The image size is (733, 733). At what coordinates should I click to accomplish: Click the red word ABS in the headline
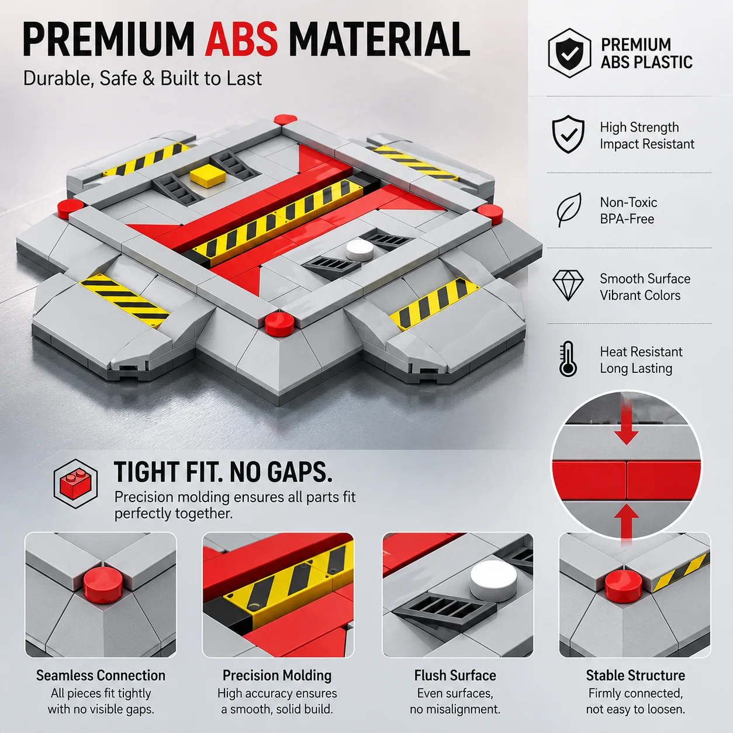click(241, 39)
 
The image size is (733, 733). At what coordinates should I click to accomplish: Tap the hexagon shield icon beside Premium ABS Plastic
click(569, 53)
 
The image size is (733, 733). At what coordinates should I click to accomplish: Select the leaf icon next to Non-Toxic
click(569, 210)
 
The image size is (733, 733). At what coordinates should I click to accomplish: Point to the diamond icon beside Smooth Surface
click(568, 286)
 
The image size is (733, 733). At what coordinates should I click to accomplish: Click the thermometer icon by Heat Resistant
click(568, 359)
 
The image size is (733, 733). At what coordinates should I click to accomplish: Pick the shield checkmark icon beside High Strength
click(568, 134)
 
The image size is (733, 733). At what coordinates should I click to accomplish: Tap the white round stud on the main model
click(359, 250)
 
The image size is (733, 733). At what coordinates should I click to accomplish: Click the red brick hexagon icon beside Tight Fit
click(75, 484)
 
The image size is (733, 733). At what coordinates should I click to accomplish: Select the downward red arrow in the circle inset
click(626, 422)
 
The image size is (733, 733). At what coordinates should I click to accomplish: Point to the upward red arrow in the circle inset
click(626, 521)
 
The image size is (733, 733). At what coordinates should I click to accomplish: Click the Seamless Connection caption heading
click(101, 676)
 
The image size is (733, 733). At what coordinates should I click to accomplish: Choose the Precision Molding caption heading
click(277, 676)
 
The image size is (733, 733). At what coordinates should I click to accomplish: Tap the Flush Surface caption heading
click(455, 676)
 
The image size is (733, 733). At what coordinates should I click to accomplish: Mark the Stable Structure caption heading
click(635, 676)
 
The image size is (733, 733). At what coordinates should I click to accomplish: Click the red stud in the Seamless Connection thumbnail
click(103, 585)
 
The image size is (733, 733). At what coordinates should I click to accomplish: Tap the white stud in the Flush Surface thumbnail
click(494, 580)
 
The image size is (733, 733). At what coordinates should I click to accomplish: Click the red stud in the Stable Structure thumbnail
click(623, 587)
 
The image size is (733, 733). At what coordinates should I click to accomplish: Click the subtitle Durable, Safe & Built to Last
click(142, 79)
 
